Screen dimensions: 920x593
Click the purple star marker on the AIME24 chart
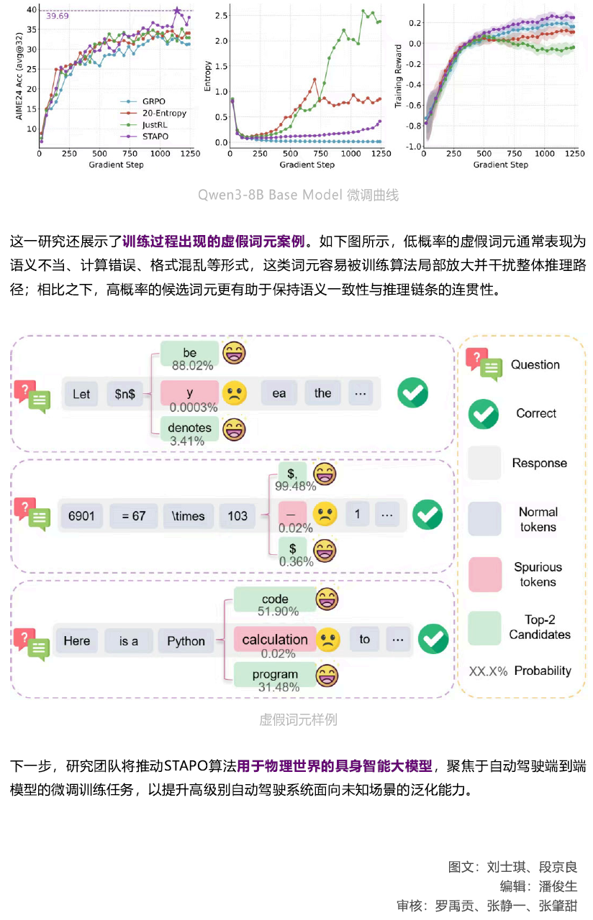(x=177, y=10)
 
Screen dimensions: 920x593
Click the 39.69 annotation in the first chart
(x=58, y=16)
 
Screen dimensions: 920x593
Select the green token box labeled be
(x=190, y=353)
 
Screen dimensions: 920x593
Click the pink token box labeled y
(x=190, y=392)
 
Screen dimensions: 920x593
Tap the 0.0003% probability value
(x=191, y=408)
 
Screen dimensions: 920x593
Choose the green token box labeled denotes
(x=190, y=428)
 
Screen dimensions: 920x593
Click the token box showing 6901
(x=81, y=515)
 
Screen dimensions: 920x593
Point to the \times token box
(x=189, y=515)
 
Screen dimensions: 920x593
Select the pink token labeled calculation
(x=275, y=639)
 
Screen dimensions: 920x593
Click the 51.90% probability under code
(x=278, y=612)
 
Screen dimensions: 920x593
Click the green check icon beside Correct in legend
(x=484, y=413)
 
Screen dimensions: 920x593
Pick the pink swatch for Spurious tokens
(x=484, y=574)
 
